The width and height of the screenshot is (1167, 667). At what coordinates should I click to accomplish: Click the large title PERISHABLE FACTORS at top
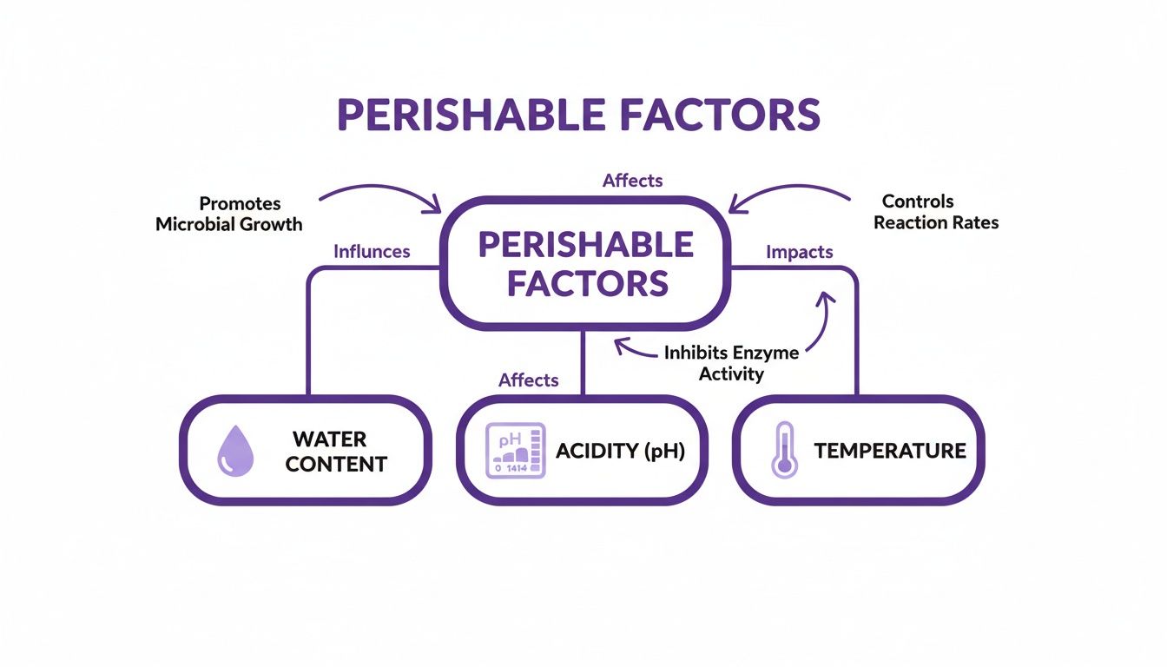tap(578, 115)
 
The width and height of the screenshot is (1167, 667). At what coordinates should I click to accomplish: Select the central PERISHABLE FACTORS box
tap(587, 263)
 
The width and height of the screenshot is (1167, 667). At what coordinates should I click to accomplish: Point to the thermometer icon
tap(784, 450)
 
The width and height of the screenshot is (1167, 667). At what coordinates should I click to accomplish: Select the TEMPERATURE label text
tap(890, 451)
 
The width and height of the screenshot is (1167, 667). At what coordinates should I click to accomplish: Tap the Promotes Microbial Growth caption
tap(229, 214)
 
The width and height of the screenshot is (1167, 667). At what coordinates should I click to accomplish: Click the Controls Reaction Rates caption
tap(936, 212)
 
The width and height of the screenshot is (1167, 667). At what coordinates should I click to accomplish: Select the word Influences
tap(372, 252)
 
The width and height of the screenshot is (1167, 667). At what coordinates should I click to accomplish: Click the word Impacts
tap(799, 252)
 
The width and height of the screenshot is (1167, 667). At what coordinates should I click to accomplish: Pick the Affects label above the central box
tap(632, 181)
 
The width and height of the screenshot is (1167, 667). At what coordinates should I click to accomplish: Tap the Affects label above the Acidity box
tap(528, 380)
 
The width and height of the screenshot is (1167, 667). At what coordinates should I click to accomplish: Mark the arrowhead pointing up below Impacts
tap(824, 299)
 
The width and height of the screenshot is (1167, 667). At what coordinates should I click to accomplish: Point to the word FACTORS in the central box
tap(588, 283)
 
